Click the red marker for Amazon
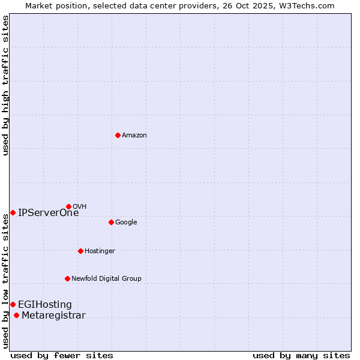pos(118,135)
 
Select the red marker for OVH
pos(68,206)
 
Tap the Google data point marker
pos(111,222)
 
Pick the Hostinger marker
pos(80,251)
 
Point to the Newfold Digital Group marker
pos(67,278)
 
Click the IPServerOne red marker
pos(13,212)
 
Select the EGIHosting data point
pos(13,304)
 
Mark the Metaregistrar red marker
pos(16,316)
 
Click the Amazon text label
pos(134,135)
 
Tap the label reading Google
pos(126,222)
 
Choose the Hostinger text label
pos(100,251)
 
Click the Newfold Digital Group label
pos(106,278)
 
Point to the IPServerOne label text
pos(48,212)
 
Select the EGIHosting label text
pos(44,304)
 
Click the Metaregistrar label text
pos(53,316)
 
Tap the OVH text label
pos(80,206)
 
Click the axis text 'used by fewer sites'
pos(62,355)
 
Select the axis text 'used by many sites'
pos(301,355)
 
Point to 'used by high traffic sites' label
pos(5,85)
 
